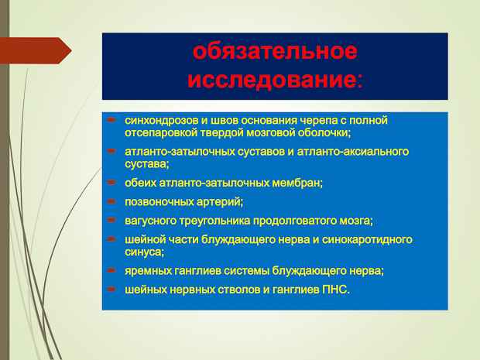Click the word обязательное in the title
275,51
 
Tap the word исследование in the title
272,80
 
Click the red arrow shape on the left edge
36,50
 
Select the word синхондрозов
162,120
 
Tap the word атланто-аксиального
353,152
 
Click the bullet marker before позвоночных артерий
111,201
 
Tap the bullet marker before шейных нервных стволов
111,289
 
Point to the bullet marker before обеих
111,183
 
